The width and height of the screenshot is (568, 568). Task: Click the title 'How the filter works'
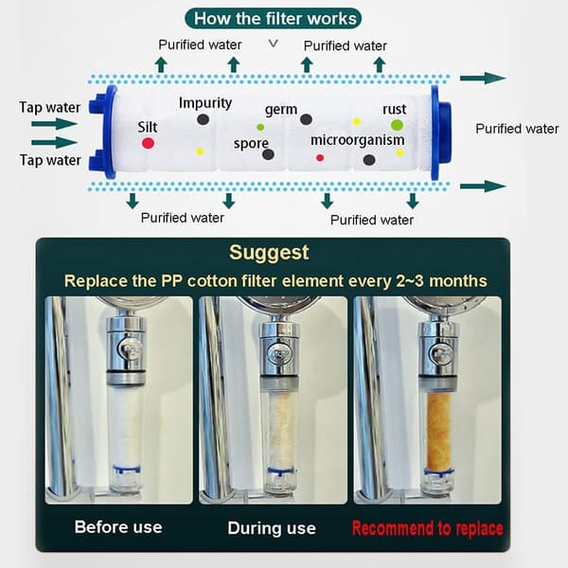click(x=275, y=19)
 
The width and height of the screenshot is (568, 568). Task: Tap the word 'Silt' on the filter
click(x=147, y=127)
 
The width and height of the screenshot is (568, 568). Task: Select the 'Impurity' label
click(x=205, y=103)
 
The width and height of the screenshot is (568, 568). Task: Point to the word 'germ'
click(x=281, y=110)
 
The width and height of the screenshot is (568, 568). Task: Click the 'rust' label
click(x=395, y=109)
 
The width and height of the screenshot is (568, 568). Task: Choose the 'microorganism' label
click(x=358, y=140)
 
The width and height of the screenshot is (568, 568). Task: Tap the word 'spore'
click(x=251, y=144)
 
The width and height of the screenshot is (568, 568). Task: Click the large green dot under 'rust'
click(x=397, y=125)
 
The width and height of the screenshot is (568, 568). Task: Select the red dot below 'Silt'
click(x=148, y=143)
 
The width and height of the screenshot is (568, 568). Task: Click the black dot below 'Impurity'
click(x=203, y=119)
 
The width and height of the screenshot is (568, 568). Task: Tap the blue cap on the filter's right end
click(x=441, y=133)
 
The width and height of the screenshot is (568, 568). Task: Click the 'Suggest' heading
click(x=269, y=253)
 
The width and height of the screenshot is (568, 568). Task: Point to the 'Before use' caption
click(x=118, y=527)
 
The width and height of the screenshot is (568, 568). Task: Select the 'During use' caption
click(x=272, y=528)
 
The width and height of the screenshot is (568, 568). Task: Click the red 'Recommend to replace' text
click(x=428, y=528)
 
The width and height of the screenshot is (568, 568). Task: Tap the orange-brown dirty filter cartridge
click(x=438, y=431)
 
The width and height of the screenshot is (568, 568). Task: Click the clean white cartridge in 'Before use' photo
click(x=125, y=428)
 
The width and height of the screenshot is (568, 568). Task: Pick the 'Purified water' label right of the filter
click(x=517, y=129)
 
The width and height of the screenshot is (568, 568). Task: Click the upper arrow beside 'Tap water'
click(x=54, y=124)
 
